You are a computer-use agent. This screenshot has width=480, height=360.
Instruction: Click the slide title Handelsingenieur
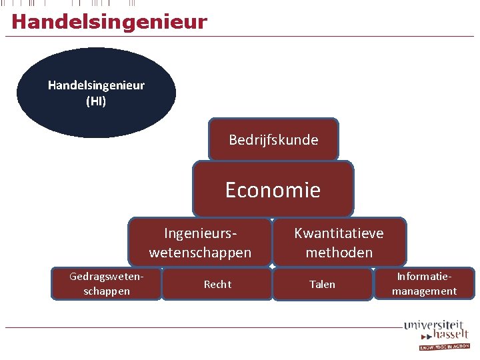[x=109, y=22]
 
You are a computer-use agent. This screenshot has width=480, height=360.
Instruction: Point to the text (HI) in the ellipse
[x=96, y=101]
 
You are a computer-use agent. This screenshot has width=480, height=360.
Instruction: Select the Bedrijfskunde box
[x=273, y=140]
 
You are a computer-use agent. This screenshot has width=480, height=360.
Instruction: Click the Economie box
[x=273, y=190]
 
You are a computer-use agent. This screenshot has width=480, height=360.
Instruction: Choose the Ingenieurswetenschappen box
[x=200, y=243]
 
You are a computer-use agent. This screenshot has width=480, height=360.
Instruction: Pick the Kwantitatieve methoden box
[x=339, y=243]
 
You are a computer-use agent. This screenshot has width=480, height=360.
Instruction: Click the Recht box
[x=217, y=285]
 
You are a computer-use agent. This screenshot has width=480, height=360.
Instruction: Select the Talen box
[x=322, y=285]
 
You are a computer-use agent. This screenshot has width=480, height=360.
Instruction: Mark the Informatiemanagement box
[x=424, y=283]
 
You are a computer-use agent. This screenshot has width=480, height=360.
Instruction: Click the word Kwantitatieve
[x=339, y=234]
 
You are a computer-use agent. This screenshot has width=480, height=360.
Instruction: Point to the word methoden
[x=339, y=252]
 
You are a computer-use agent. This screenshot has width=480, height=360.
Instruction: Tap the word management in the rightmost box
[x=424, y=291]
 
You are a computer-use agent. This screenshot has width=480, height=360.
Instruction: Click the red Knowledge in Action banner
[x=444, y=347]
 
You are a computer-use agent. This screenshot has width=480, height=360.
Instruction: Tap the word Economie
[x=273, y=190]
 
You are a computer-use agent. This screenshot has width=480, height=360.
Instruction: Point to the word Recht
[x=217, y=285]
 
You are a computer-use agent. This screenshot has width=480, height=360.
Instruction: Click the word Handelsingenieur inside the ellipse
[x=96, y=85]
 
